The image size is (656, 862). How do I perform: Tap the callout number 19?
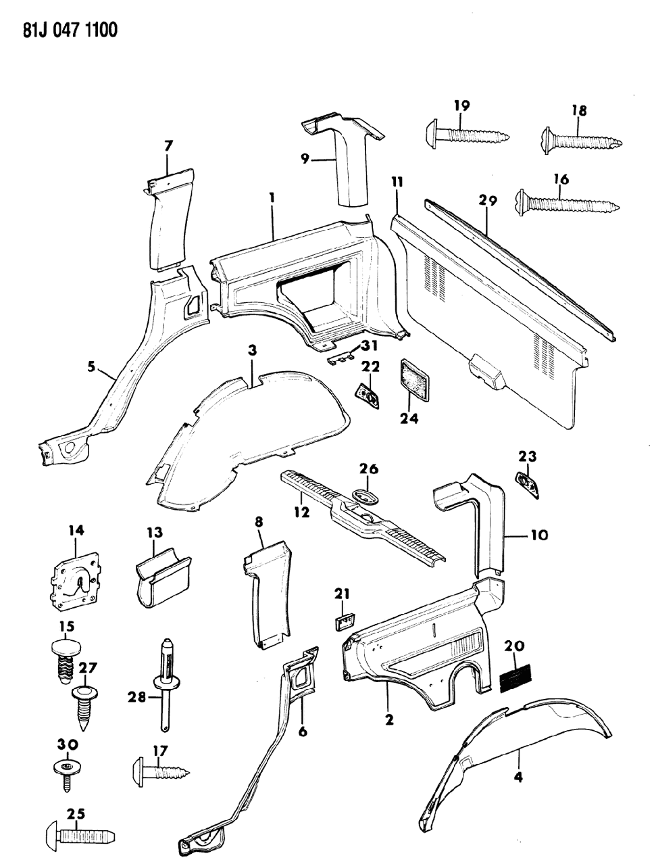(462, 106)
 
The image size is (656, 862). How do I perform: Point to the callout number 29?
(488, 200)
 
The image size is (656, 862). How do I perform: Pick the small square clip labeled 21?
(345, 621)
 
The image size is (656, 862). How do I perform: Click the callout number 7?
(168, 145)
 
